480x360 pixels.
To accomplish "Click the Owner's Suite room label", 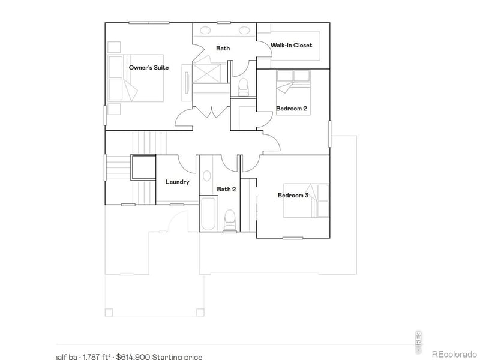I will tap(149, 68).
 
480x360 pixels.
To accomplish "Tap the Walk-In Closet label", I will tap(292, 45).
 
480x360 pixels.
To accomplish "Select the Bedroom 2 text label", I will tap(292, 109).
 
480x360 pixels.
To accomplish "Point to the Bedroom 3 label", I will tap(293, 195).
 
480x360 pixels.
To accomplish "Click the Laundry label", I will tap(178, 182).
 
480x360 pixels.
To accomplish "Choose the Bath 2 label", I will tap(226, 189).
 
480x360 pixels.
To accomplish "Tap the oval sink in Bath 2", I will tap(207, 176).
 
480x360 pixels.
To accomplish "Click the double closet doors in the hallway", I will tap(211, 111).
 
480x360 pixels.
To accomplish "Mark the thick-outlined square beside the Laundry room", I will tap(143, 167).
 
